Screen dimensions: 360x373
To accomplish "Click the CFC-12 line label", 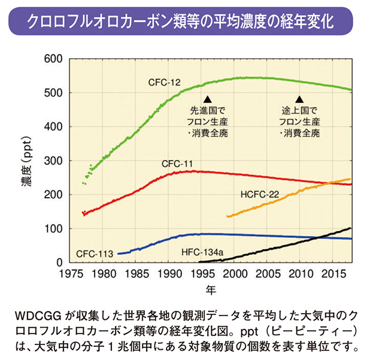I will (x=165, y=81).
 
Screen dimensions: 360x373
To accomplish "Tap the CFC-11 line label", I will (x=177, y=164).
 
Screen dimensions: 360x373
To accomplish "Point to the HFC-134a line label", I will (x=202, y=253).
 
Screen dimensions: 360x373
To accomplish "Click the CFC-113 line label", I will (x=95, y=253).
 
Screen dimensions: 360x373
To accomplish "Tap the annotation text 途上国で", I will (x=299, y=111).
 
